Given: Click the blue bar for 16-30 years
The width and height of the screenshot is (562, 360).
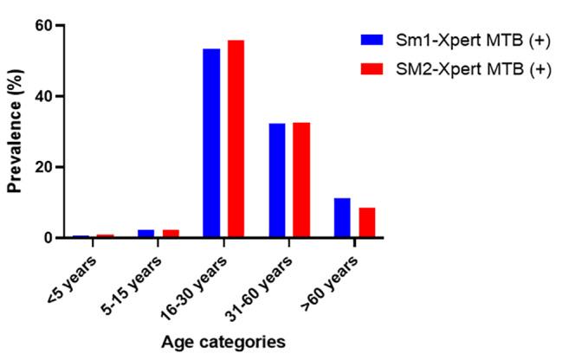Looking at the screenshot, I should tap(211, 143).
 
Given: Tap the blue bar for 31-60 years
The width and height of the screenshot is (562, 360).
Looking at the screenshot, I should tap(277, 180).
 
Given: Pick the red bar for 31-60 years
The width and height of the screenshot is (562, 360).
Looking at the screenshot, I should tap(301, 180).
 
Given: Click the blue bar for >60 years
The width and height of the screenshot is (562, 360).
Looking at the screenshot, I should tap(342, 217).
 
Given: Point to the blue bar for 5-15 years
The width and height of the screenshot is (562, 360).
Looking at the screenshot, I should tap(146, 234).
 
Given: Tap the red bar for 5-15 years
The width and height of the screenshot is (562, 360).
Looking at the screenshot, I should tap(171, 234).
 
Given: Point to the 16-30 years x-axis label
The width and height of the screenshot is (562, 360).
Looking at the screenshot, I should tap(201, 273).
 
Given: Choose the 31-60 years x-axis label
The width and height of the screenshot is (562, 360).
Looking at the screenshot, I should tap(267, 273).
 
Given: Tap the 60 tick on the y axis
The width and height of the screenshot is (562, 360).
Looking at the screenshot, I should tap(41, 25).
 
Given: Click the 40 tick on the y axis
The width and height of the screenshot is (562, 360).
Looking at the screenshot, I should tap(41, 96).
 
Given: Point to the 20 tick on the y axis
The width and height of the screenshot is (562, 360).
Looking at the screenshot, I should tap(41, 167).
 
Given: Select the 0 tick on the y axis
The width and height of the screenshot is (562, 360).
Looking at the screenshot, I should tap(45, 238).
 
